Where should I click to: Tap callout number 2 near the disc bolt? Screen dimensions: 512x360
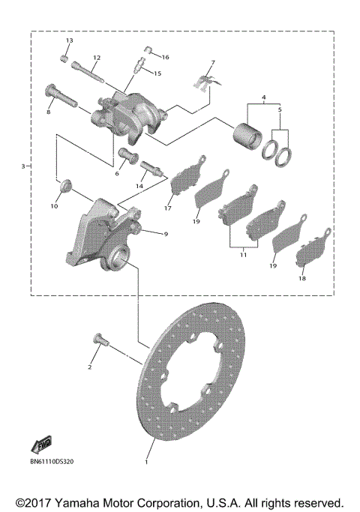pyautogui.click(x=90, y=367)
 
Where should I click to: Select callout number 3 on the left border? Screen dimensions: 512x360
pyautogui.click(x=23, y=166)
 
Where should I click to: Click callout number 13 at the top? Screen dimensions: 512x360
pyautogui.click(x=68, y=40)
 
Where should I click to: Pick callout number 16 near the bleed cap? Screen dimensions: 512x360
pyautogui.click(x=166, y=57)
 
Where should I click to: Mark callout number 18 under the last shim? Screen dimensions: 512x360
pyautogui.click(x=302, y=278)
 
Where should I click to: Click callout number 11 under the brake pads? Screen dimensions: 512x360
pyautogui.click(x=243, y=256)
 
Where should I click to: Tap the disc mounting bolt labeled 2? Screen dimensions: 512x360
pyautogui.click(x=101, y=341)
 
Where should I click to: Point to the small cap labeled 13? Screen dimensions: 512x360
pyautogui.click(x=65, y=57)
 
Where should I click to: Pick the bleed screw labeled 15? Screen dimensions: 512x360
pyautogui.click(x=136, y=64)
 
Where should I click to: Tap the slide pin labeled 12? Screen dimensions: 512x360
pyautogui.click(x=90, y=75)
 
